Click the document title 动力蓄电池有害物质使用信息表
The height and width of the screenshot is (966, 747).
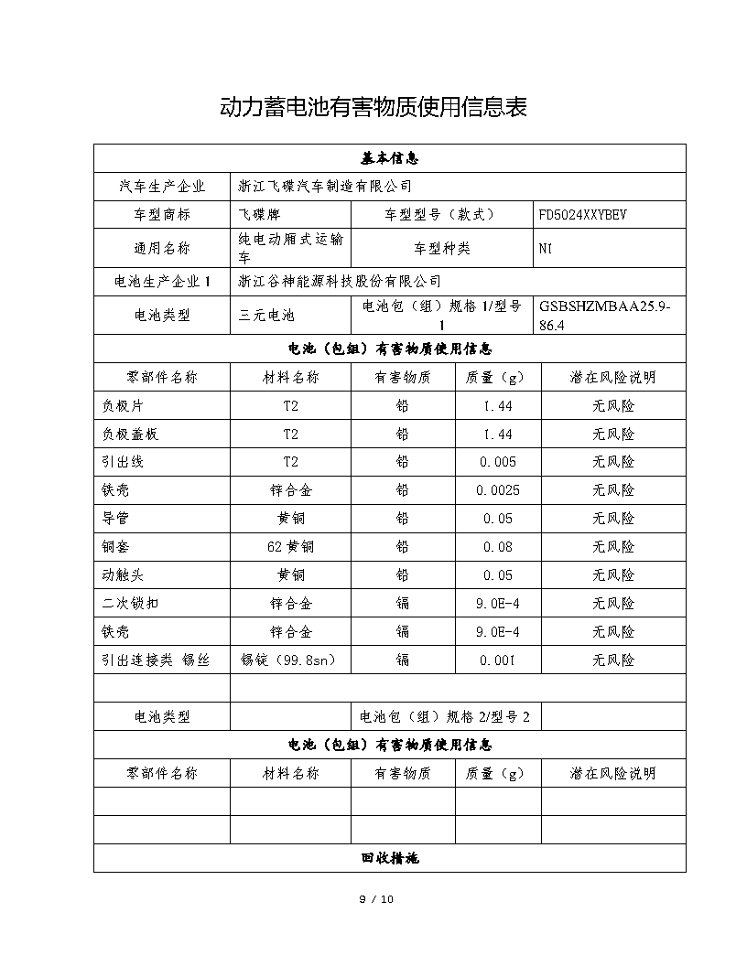[x=373, y=107]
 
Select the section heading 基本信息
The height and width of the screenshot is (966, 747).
[x=389, y=158]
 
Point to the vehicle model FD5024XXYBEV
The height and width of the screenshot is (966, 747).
[x=583, y=215]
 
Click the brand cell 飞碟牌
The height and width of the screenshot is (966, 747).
[x=258, y=215]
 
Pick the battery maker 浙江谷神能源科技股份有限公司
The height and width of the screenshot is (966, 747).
[x=339, y=282]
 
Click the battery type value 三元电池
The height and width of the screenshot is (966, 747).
[x=266, y=316]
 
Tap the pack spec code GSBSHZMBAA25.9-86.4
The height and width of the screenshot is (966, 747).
[x=605, y=316]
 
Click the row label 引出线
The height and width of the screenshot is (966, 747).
[x=123, y=462]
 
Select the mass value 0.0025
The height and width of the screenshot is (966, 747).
[x=498, y=490]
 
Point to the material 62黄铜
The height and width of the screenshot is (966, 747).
[x=290, y=547]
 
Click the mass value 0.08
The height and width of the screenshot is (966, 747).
[x=498, y=547]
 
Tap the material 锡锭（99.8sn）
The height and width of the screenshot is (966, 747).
[x=290, y=660]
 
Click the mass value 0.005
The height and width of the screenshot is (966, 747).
[x=498, y=462]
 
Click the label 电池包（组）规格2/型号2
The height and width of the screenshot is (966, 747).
[x=445, y=717]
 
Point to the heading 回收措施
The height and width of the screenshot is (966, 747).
[x=389, y=858]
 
